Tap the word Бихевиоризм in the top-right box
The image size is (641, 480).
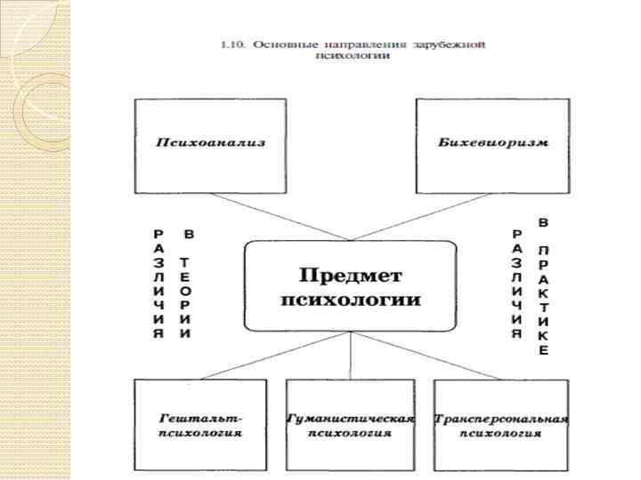[492, 142]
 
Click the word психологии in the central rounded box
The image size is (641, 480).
[351, 299]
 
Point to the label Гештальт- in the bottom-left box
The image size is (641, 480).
[200, 418]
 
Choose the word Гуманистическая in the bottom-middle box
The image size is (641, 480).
[350, 418]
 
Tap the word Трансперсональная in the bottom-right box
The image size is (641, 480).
[501, 418]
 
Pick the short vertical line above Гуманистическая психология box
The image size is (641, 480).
[350, 356]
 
